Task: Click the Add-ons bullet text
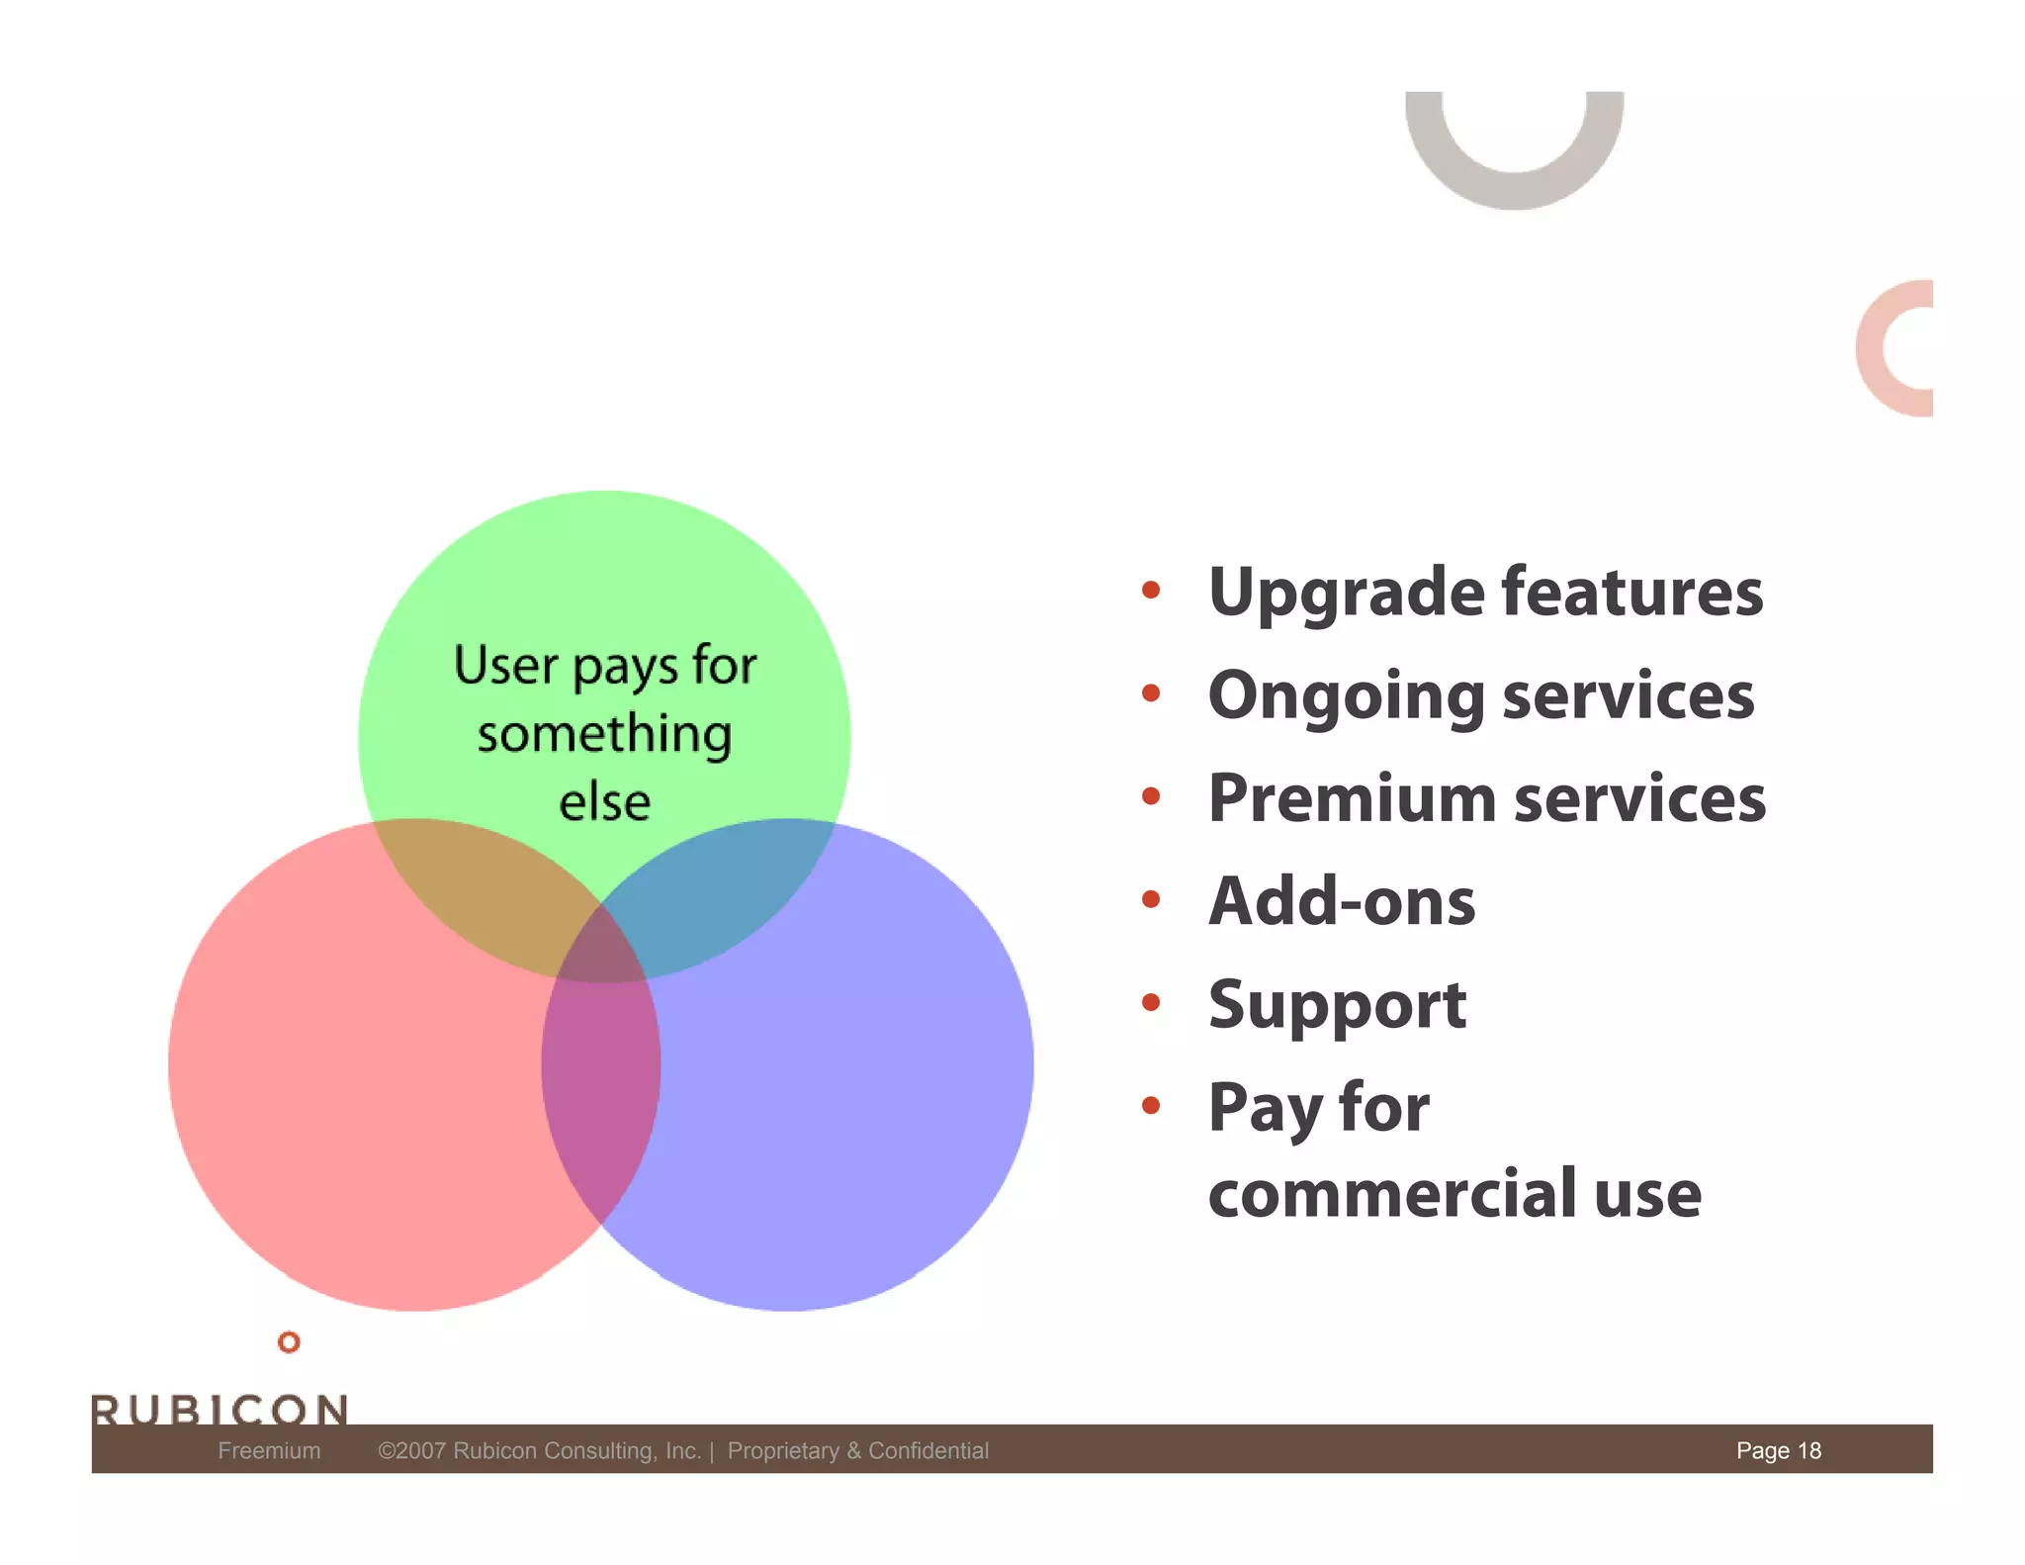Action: (1342, 901)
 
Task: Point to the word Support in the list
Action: (1337, 1005)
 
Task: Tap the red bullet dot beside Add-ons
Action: (1150, 899)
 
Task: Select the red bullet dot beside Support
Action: (1150, 1002)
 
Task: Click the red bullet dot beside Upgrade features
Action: (1150, 591)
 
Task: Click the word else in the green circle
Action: (604, 802)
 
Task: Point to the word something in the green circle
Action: (604, 735)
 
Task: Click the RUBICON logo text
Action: (220, 1408)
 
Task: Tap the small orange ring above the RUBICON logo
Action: (289, 1341)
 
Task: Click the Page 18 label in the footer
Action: (1778, 1450)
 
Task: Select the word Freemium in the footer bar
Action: (269, 1450)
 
